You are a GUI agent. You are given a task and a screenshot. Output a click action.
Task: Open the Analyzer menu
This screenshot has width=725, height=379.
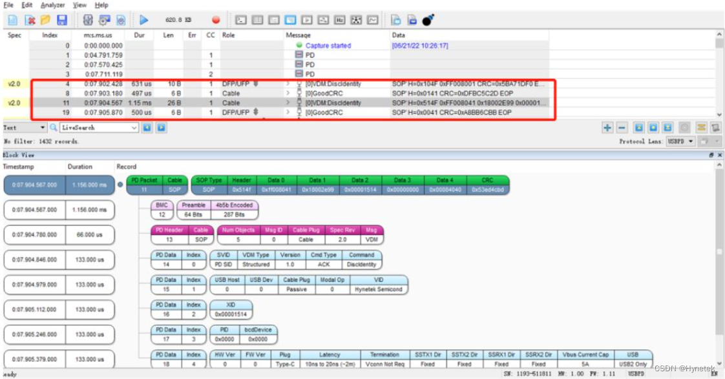point(53,5)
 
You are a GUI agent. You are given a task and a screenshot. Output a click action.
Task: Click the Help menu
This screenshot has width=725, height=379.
point(101,5)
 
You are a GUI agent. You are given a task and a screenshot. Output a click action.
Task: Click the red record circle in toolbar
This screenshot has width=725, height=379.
point(216,20)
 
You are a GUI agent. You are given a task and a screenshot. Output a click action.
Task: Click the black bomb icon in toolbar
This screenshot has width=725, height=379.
point(428,20)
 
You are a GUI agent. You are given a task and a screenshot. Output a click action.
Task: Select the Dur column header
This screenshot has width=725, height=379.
point(139,35)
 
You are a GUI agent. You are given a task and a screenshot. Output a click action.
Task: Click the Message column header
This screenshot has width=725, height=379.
point(299,35)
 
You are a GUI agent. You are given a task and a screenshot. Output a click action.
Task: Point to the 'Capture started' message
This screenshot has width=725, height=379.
point(328,46)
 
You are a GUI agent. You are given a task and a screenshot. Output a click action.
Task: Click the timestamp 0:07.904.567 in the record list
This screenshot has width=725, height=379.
point(103,103)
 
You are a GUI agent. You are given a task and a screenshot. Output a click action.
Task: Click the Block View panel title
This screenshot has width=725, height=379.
point(19,155)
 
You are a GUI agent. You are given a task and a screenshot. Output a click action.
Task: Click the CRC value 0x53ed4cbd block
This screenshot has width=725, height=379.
point(487,190)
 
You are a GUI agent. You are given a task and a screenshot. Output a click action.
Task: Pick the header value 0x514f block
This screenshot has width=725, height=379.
point(242,190)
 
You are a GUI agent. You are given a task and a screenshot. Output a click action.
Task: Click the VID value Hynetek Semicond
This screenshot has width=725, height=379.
point(379,289)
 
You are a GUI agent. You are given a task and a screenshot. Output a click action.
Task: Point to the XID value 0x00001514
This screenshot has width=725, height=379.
point(231,314)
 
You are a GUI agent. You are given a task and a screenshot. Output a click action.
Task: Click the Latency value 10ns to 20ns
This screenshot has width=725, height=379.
point(329,364)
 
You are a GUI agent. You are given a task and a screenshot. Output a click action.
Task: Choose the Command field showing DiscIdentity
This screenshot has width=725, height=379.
point(362,265)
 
